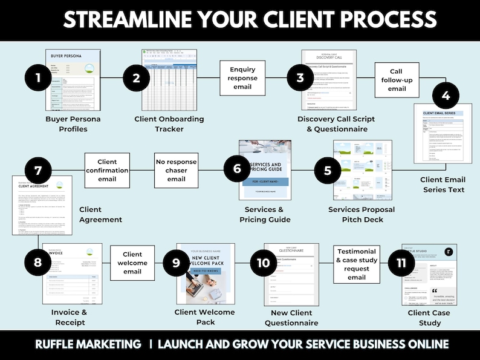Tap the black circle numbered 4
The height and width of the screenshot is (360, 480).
click(x=446, y=96)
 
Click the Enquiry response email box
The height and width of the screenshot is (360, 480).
click(x=243, y=77)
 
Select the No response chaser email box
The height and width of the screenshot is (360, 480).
click(x=177, y=170)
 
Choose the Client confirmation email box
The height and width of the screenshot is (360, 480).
click(x=107, y=170)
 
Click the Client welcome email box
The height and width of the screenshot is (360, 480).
click(x=132, y=263)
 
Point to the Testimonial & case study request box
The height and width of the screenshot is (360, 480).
click(x=357, y=264)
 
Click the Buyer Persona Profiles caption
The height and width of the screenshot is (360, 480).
click(x=73, y=124)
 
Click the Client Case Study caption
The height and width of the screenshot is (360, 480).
click(x=429, y=318)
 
